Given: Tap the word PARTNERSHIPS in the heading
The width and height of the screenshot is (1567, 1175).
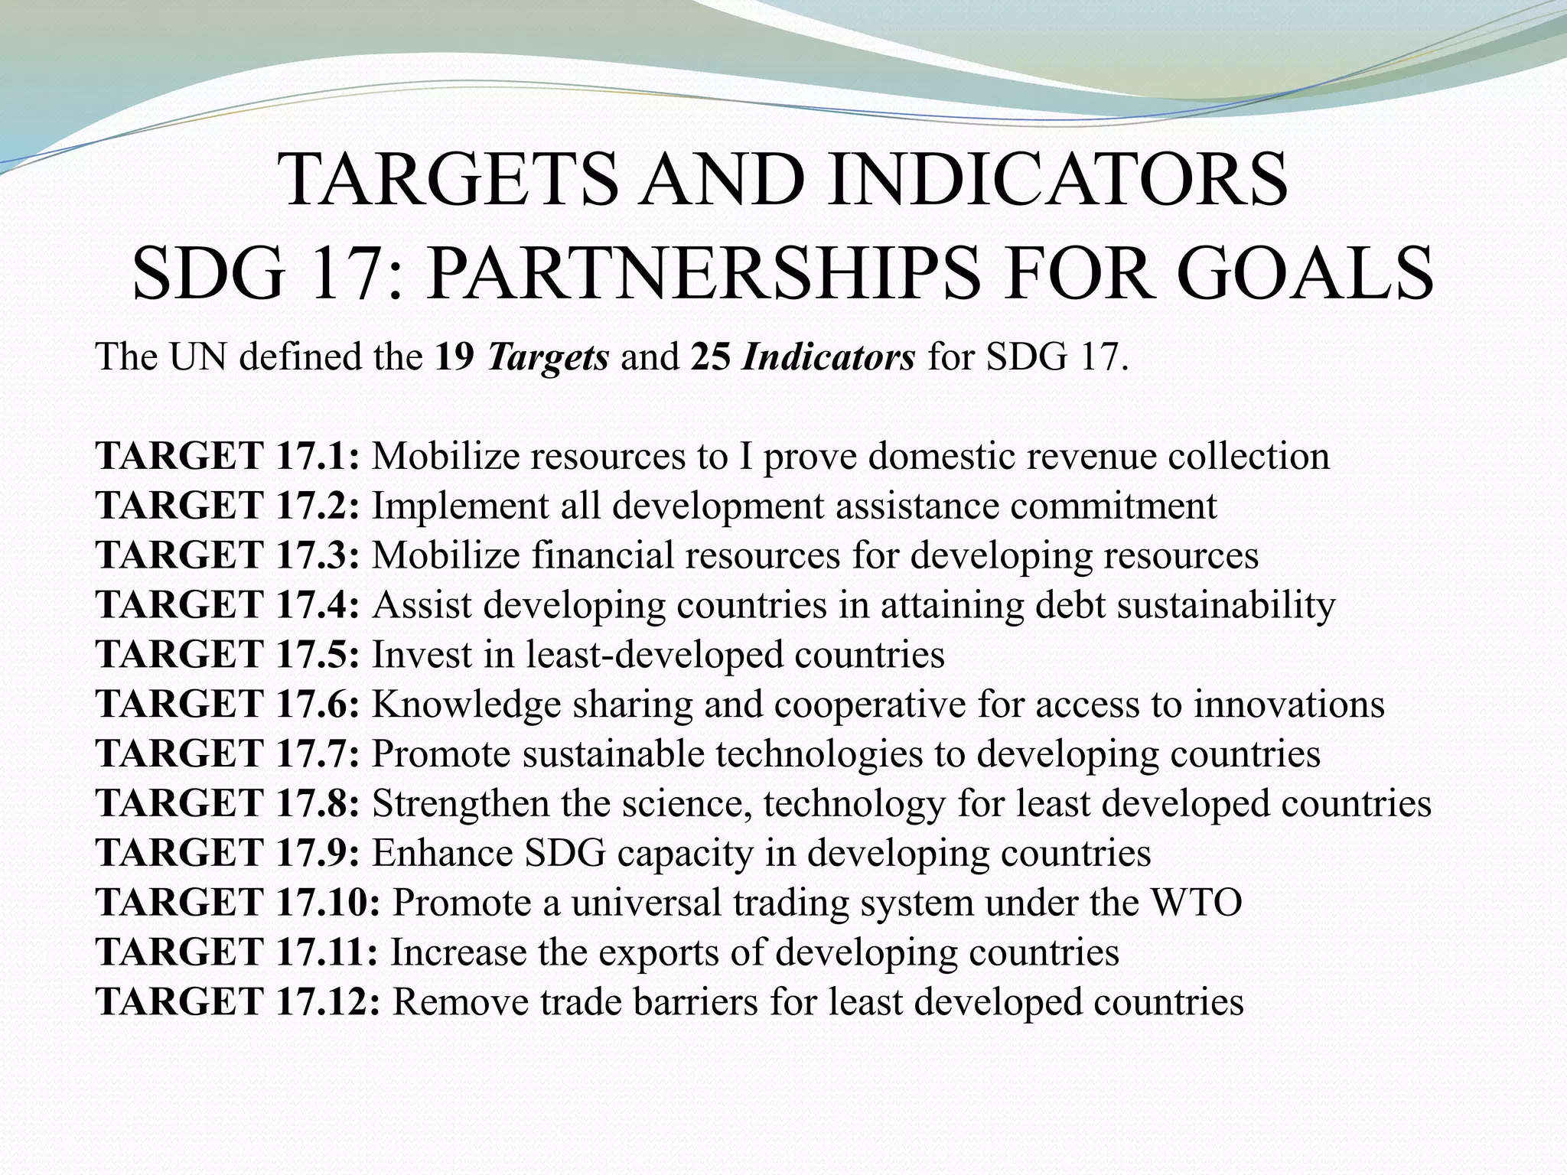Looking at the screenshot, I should [x=703, y=272].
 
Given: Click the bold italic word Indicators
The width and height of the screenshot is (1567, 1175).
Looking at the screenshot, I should [x=828, y=356].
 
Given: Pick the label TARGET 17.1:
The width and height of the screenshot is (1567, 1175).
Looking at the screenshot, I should [x=227, y=456].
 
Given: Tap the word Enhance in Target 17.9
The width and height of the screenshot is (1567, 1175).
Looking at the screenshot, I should [x=442, y=854].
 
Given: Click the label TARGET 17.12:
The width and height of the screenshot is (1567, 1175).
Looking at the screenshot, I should [x=238, y=1003].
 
